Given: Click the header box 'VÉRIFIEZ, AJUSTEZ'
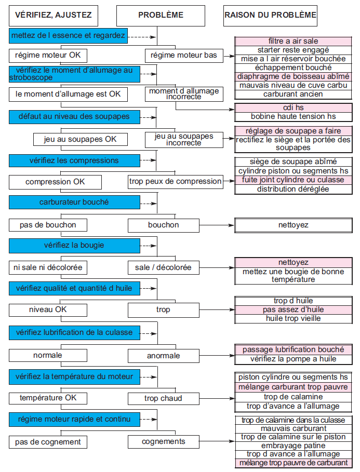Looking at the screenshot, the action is coord(54,16).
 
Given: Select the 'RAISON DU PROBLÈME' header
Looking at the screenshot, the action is coord(270,16).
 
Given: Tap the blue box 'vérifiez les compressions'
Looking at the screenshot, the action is coord(74,160).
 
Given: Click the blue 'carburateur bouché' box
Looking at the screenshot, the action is coord(74,203).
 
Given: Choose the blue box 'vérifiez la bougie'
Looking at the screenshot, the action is coord(74,246).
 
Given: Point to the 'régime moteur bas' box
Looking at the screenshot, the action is coord(184,56).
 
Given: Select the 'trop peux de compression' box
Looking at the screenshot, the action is coord(176,182).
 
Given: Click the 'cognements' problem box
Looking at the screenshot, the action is coord(164,441).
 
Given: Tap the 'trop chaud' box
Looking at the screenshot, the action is coord(164,399).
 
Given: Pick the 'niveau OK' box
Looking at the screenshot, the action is coord(48,310).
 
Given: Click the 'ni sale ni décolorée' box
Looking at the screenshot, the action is coord(48,267).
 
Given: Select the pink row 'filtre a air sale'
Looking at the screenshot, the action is coord(294,41).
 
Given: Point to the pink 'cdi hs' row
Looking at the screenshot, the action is coord(294,108).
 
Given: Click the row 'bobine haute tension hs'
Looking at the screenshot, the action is coord(294,117).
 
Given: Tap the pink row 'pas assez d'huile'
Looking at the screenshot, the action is coord(294,310).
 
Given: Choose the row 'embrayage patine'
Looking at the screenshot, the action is coord(294,446).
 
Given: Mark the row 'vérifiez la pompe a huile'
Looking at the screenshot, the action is coord(294,359).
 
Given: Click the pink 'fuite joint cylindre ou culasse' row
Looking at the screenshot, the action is coord(294,180).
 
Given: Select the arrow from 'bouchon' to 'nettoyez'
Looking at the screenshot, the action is coord(217,225).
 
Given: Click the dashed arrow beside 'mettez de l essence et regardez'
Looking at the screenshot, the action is coord(142,37).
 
